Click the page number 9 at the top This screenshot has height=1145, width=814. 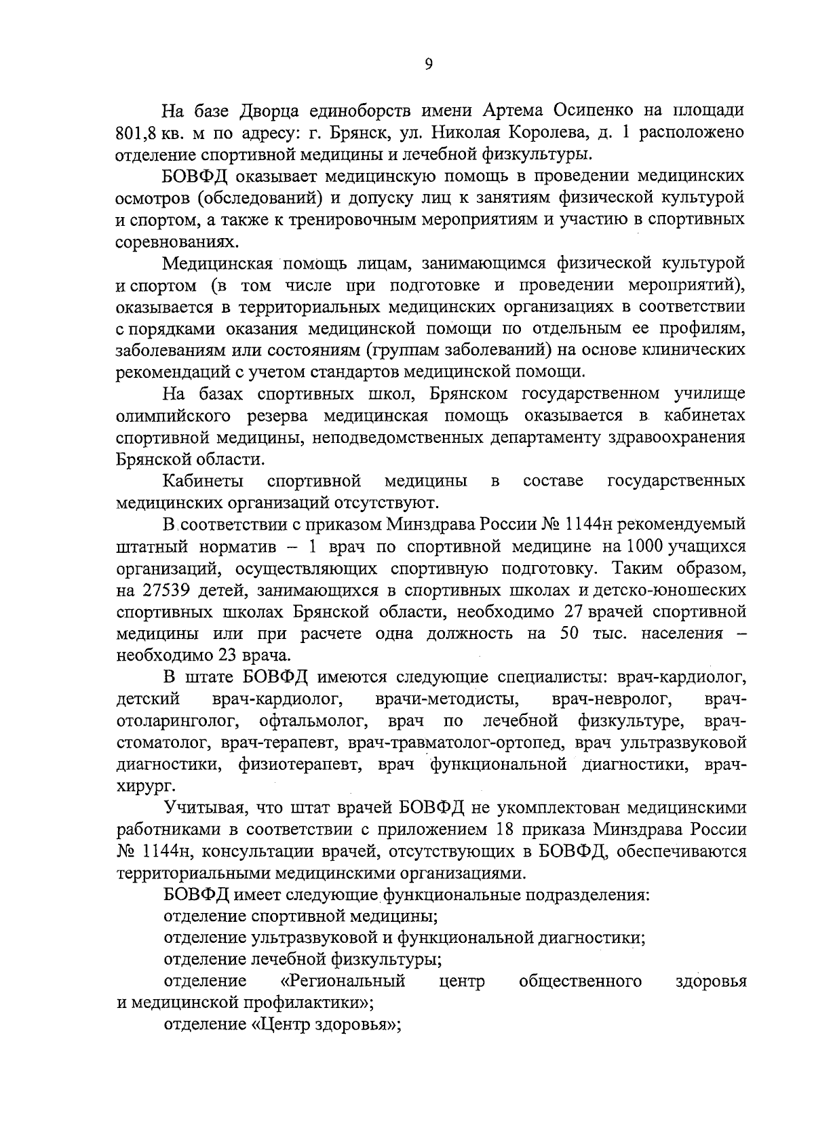(428, 64)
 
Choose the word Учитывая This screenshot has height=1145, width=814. (201, 808)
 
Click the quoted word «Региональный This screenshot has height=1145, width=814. (343, 981)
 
